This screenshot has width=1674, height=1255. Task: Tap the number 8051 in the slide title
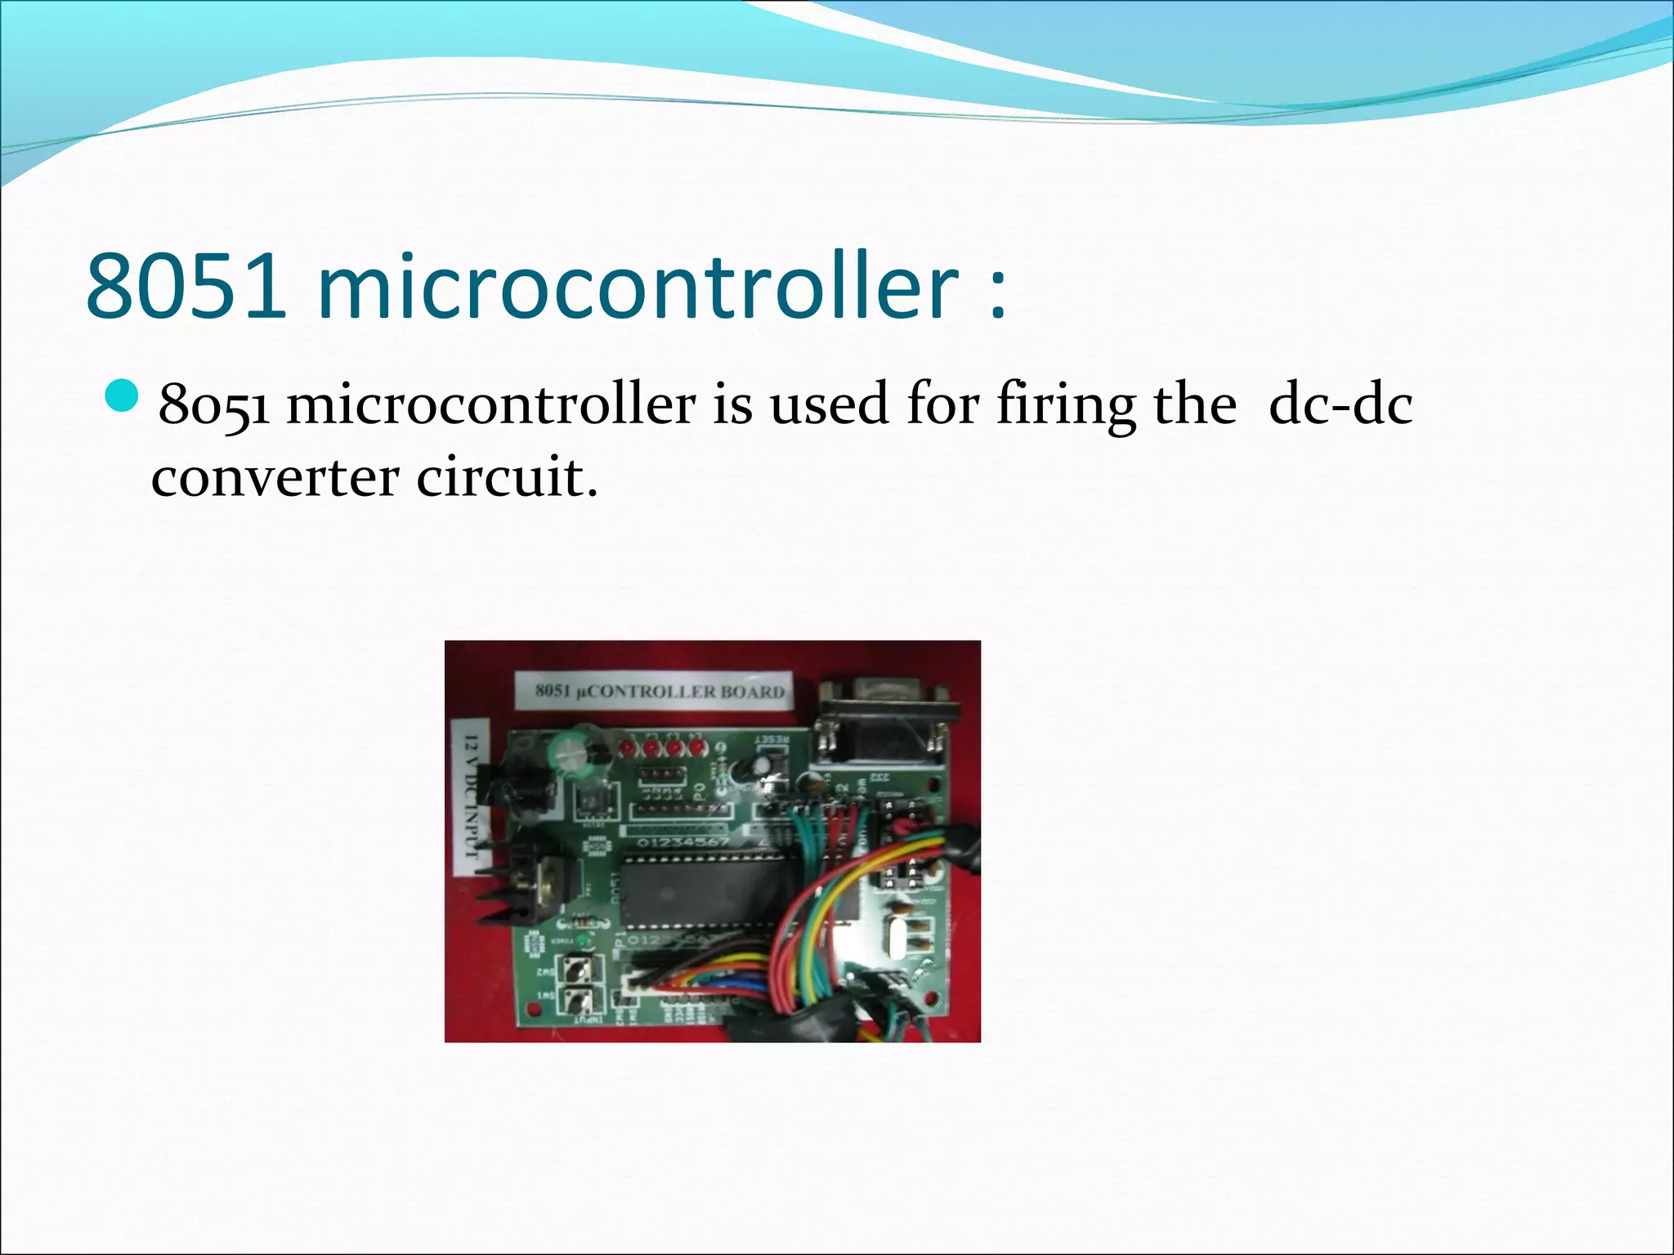[x=186, y=287]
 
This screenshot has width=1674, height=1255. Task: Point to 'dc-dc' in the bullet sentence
[x=1340, y=404]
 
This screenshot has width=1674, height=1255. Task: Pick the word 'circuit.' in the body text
[x=507, y=477]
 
